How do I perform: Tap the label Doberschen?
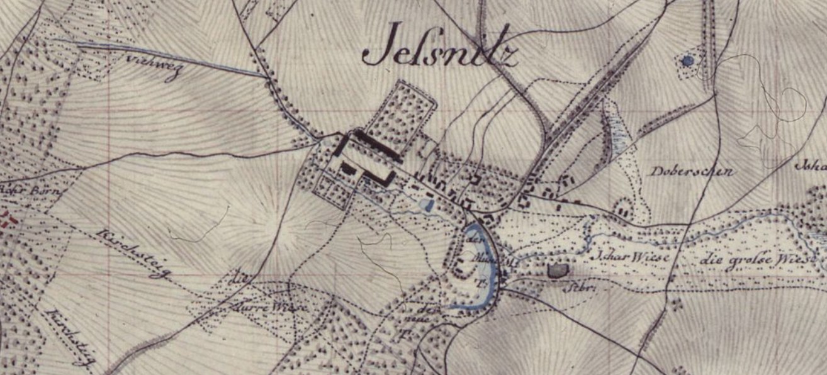click(692, 171)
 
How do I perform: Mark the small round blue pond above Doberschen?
click(687, 61)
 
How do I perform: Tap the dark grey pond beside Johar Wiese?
click(557, 271)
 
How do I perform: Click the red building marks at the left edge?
click(8, 220)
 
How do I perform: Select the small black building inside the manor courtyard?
click(347, 168)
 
